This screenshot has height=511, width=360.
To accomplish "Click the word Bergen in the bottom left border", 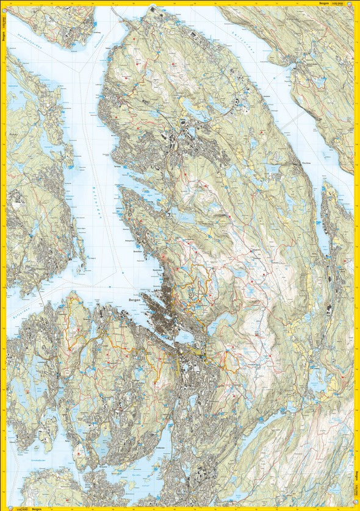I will [x=37, y=508].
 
